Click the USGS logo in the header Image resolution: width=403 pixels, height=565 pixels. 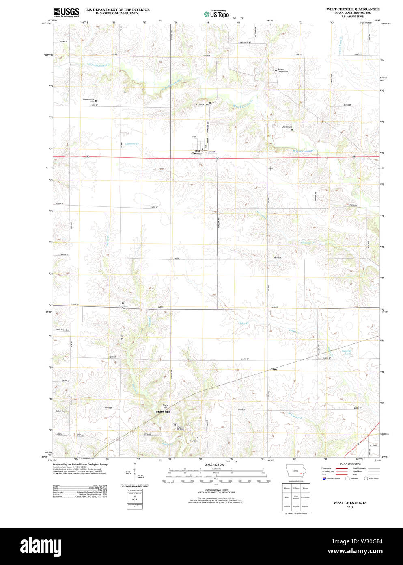pos(66,12)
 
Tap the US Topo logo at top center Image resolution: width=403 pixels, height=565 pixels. pos(216,14)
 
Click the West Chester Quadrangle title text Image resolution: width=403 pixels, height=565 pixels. pos(353,9)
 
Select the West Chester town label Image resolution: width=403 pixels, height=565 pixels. pos(196,152)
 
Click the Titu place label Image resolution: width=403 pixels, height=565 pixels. pos(274,369)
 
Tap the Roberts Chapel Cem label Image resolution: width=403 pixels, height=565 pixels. pos(282,70)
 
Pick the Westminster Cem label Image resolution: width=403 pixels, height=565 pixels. pos(88,100)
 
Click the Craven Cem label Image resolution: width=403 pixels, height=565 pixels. pos(287,127)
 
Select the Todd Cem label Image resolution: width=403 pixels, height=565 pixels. pos(193,441)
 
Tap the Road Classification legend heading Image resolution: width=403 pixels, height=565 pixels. pos(350,464)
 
